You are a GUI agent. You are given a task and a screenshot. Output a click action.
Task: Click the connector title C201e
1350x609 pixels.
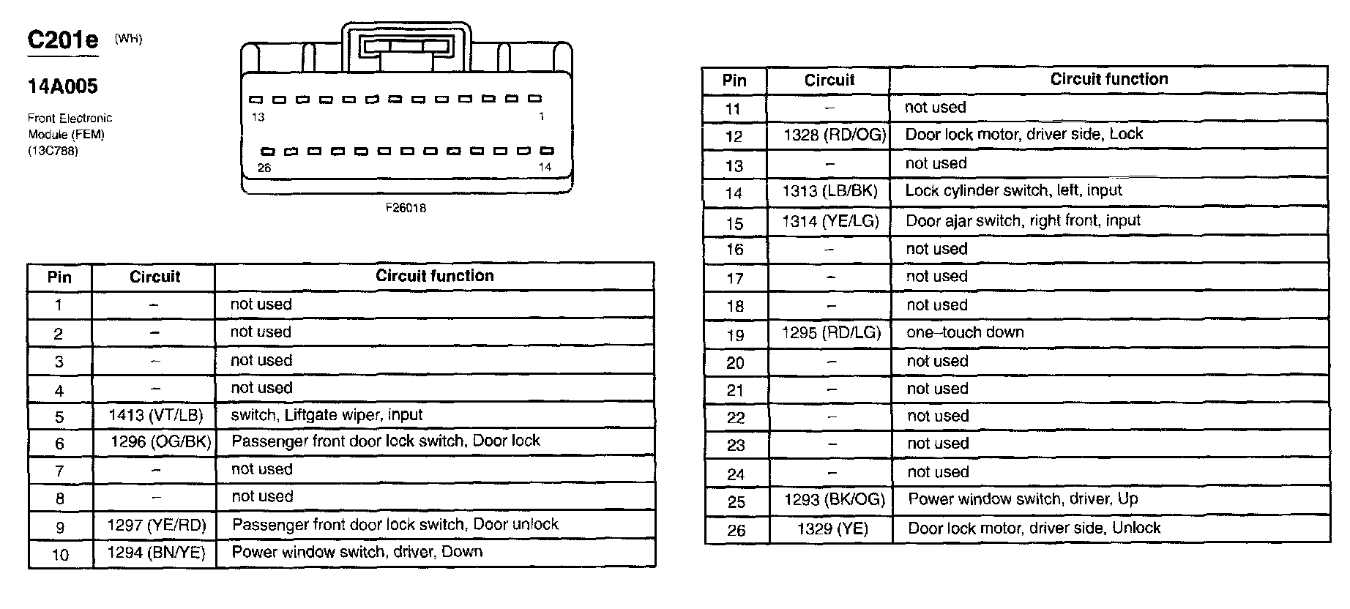[x=62, y=40]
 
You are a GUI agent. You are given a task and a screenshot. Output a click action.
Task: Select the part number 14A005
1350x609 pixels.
[x=62, y=86]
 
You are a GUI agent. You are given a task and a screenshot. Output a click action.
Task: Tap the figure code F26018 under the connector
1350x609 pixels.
[x=406, y=208]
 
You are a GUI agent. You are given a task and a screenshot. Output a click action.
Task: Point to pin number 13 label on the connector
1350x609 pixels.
[x=258, y=117]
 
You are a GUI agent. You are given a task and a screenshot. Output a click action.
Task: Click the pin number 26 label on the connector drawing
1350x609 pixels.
[x=264, y=168]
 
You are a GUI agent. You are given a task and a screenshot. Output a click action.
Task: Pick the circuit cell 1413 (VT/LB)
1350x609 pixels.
[x=155, y=415]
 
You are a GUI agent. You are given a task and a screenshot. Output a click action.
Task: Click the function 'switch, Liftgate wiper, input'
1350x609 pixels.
[x=327, y=415]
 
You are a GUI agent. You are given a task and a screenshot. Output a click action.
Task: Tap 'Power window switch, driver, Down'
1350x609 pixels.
[x=357, y=552]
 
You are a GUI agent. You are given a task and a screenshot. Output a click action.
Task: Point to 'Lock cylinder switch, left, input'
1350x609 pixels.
[x=1013, y=190]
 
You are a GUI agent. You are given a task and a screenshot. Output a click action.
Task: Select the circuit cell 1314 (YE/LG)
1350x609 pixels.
[x=830, y=221]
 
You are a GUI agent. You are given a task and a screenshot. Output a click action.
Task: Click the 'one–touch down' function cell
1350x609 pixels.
[x=965, y=332]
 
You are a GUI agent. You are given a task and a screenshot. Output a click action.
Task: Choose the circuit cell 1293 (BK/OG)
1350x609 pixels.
[x=834, y=499]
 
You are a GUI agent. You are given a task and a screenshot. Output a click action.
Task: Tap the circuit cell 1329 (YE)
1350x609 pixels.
[x=832, y=528]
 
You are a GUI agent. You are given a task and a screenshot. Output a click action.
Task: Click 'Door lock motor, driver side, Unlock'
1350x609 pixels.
[x=1034, y=528]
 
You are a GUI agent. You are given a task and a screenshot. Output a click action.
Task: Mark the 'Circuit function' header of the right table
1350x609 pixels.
[x=1108, y=79]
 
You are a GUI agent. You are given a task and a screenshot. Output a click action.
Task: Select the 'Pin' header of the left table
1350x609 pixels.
[x=59, y=277]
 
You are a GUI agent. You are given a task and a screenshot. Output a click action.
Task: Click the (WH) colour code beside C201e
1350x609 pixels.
[x=128, y=39]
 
